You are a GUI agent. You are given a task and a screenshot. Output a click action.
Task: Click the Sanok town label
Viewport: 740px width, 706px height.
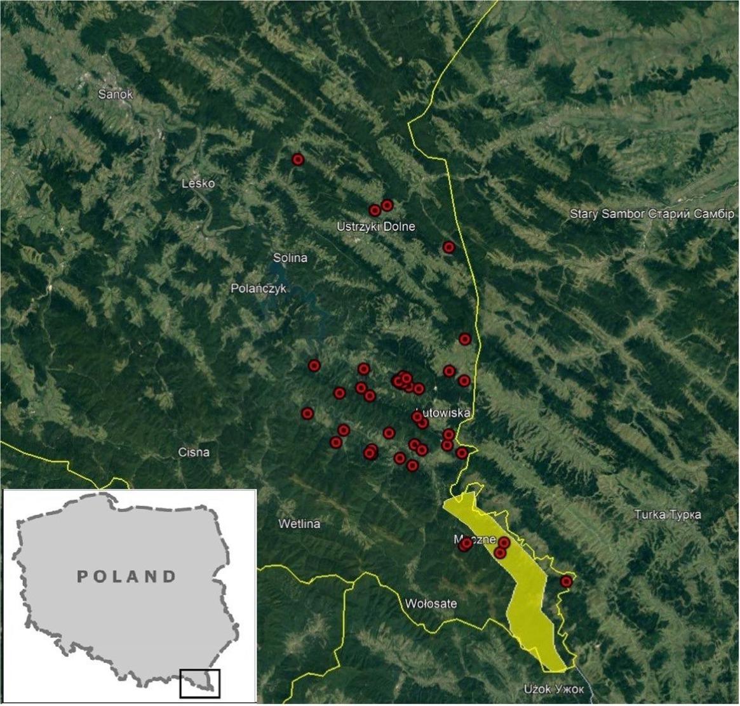[x=116, y=95]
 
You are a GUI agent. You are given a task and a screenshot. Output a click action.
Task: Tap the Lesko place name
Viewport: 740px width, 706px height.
[x=198, y=184]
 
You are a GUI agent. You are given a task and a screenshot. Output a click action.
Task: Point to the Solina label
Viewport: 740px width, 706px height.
[x=290, y=258]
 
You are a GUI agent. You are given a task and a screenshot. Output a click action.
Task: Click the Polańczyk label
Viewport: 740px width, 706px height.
[x=259, y=289]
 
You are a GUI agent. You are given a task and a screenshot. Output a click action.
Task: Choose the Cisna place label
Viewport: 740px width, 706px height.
[x=194, y=453]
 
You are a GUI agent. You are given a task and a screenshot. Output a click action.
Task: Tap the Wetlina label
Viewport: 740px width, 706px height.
[x=299, y=524]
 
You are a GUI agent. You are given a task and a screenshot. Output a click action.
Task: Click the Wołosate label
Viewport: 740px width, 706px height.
[x=431, y=603]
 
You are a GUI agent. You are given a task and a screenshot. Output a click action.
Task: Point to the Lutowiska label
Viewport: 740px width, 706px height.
[x=445, y=413]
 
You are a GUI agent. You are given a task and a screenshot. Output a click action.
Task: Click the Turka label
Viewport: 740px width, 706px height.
[x=668, y=514]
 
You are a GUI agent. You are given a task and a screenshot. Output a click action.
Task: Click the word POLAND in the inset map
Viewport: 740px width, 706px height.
[x=126, y=576]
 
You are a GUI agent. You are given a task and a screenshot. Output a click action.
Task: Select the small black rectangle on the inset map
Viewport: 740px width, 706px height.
[x=199, y=683]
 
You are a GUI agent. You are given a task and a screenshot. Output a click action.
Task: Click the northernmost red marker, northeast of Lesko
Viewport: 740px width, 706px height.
[x=298, y=159]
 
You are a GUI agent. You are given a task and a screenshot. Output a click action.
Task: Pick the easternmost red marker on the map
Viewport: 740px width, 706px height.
[x=566, y=582]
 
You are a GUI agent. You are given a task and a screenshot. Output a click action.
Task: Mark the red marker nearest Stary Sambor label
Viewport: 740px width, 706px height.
[x=449, y=247]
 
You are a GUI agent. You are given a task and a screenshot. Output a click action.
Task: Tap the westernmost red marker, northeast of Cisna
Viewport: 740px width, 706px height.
[x=307, y=413]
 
